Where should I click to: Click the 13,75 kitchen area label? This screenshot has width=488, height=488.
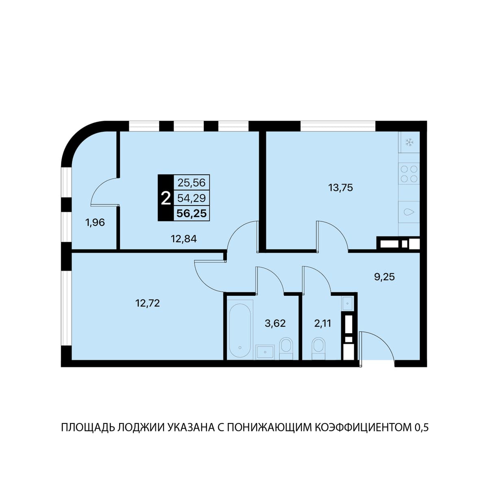click(x=340, y=188)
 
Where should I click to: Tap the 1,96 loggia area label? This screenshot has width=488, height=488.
click(x=95, y=223)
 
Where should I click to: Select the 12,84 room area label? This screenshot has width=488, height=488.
click(x=184, y=239)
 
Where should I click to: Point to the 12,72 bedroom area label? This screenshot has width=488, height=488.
click(x=148, y=303)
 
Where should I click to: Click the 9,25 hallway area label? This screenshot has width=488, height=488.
click(x=385, y=277)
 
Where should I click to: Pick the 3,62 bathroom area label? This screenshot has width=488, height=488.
click(x=275, y=323)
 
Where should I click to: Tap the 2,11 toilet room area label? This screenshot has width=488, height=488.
click(x=323, y=323)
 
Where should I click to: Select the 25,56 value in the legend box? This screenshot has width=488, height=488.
click(x=192, y=182)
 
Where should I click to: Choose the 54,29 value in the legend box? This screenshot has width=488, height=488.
click(x=192, y=198)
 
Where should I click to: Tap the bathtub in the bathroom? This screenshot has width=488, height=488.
click(x=240, y=329)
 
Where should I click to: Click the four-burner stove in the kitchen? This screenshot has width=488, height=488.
click(x=409, y=174)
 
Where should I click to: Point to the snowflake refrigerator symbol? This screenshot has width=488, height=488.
click(x=409, y=142)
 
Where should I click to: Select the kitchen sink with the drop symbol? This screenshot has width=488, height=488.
click(x=409, y=212)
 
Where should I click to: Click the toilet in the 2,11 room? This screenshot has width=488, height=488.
click(x=319, y=348)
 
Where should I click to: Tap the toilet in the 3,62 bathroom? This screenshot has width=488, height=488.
click(x=286, y=348)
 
